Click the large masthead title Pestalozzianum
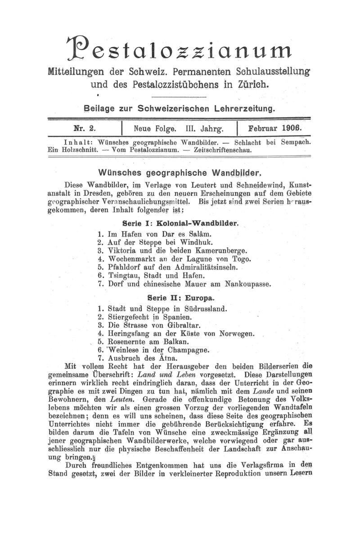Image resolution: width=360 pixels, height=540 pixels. [180, 48]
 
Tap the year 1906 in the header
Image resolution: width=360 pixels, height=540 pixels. [291, 127]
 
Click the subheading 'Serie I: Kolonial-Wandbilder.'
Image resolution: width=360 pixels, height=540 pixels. [180, 223]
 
